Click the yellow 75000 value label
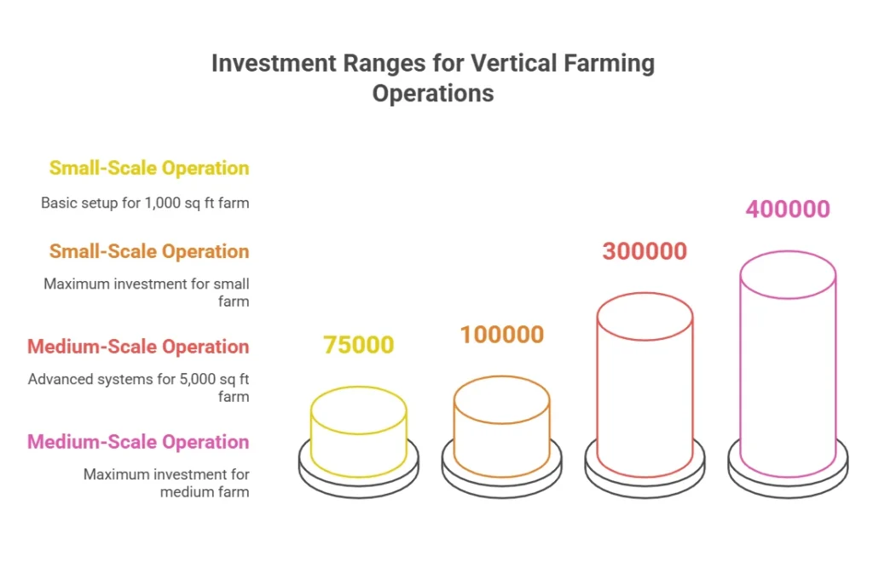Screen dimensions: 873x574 point(359,345)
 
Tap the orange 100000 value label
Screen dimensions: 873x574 point(501,335)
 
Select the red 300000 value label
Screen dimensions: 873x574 point(645,251)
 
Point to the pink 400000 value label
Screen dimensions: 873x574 point(788,210)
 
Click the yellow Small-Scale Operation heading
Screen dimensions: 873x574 point(149,168)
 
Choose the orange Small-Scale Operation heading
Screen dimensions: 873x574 point(149,251)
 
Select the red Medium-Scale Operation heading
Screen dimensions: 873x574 point(139,347)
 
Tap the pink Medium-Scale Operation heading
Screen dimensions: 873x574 point(139,442)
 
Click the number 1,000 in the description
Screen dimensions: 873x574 point(163,203)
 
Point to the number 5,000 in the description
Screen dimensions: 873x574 point(197,379)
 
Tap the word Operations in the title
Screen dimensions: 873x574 point(433,94)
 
